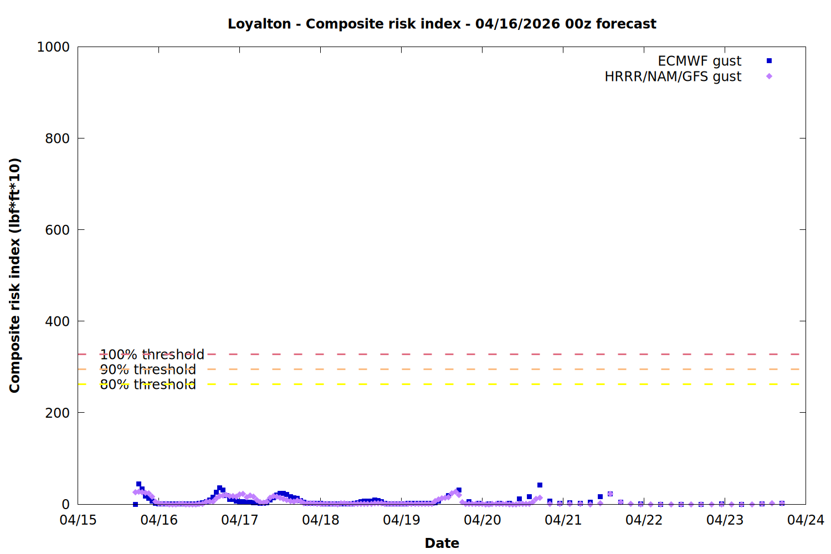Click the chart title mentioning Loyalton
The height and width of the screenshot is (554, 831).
pos(442,24)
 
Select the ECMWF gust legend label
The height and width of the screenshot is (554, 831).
pos(699,61)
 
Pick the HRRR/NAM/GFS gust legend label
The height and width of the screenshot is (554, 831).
pos(673,76)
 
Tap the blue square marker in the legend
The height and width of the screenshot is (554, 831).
pos(769,61)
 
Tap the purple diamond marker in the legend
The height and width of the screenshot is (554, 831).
pos(769,76)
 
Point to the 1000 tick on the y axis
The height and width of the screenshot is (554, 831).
pos(53,47)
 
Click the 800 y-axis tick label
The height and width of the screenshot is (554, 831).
pos(58,138)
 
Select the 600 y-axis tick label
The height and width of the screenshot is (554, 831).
pos(58,230)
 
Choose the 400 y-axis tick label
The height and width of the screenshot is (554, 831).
pos(58,321)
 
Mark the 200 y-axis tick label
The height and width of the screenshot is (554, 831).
pos(58,413)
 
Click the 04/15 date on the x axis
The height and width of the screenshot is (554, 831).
pos(78,520)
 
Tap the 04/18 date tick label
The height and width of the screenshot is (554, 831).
pos(321,520)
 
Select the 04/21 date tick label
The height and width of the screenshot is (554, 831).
pos(563,520)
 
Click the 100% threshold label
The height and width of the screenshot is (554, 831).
pos(152,355)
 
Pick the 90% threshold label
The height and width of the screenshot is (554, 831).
pos(148,370)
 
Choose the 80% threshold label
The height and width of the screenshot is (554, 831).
pos(148,384)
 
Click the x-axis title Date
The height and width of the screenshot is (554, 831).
pos(442,543)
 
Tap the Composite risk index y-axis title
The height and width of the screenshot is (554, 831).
pos(15,275)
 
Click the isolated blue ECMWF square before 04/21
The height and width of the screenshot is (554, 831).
pos(540,485)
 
